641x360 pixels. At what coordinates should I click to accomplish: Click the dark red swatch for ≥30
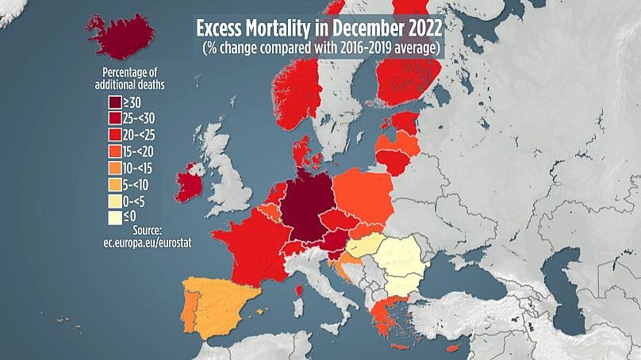pos(115,101)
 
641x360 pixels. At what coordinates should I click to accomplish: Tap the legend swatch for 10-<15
pos(115,168)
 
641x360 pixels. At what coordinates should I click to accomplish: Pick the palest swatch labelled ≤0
pos(115,217)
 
